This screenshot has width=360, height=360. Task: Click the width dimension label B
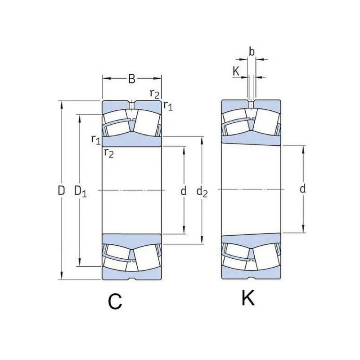131,78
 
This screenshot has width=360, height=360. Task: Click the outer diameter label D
61,190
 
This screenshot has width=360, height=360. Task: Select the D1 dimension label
81,191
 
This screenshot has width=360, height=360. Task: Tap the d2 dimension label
202,192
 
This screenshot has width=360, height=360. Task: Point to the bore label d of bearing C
184,190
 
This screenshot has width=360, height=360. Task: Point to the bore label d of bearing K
303,189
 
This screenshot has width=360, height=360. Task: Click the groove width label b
252,52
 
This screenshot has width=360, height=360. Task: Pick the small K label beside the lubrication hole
236,71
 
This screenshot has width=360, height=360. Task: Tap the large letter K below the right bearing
248,297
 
